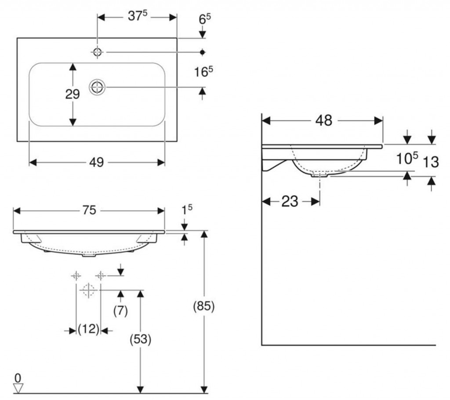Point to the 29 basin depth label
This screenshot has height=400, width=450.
(x=73, y=94)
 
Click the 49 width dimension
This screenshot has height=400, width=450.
(x=96, y=163)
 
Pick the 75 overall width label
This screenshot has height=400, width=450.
(x=89, y=210)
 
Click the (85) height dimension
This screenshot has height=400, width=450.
(x=203, y=307)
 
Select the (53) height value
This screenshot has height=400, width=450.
(x=140, y=339)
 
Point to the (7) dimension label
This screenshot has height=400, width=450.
(x=120, y=311)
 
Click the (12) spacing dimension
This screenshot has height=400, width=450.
(x=88, y=329)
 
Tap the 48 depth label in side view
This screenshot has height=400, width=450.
(x=324, y=120)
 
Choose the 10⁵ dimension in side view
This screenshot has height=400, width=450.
(x=407, y=159)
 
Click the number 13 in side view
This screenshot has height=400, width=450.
(x=431, y=162)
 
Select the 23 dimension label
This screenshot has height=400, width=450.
(x=290, y=201)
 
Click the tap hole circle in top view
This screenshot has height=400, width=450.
(x=97, y=52)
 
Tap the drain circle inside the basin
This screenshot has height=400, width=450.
(x=97, y=87)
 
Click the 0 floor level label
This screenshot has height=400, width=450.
(x=18, y=378)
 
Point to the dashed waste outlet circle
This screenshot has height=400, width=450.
(x=88, y=290)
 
